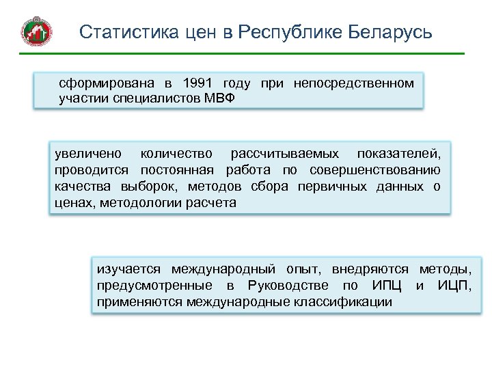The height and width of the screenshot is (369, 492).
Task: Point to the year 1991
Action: point(198,83)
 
